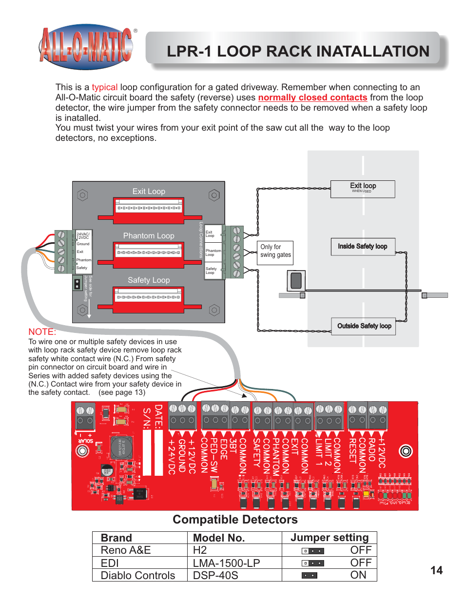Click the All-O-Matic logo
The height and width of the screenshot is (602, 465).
pyautogui.click(x=86, y=47)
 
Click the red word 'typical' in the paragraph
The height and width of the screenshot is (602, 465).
pyautogui.click(x=104, y=87)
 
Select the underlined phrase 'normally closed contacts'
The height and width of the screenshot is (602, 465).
pyautogui.click(x=312, y=97)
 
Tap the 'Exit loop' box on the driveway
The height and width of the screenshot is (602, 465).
pyautogui.click(x=363, y=189)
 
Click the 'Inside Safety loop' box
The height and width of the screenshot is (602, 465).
pyautogui.click(x=363, y=247)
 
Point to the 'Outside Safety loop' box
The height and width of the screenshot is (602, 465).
pyautogui.click(x=364, y=326)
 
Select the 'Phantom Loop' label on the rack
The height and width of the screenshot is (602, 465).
pyautogui.click(x=149, y=236)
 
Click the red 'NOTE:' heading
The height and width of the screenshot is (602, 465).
pyautogui.click(x=42, y=332)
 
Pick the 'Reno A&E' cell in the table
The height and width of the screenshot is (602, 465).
pyautogui.click(x=126, y=550)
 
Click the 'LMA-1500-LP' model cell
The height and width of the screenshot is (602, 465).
pyautogui.click(x=226, y=563)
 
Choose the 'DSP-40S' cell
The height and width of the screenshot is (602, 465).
pyautogui.click(x=215, y=575)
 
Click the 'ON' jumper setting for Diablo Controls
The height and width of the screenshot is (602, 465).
pyautogui.click(x=358, y=575)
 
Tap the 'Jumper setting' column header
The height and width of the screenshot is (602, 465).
pyautogui.click(x=329, y=538)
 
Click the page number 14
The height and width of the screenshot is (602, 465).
pyautogui.click(x=436, y=570)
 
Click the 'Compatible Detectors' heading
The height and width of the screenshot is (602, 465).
pyautogui.click(x=235, y=520)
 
